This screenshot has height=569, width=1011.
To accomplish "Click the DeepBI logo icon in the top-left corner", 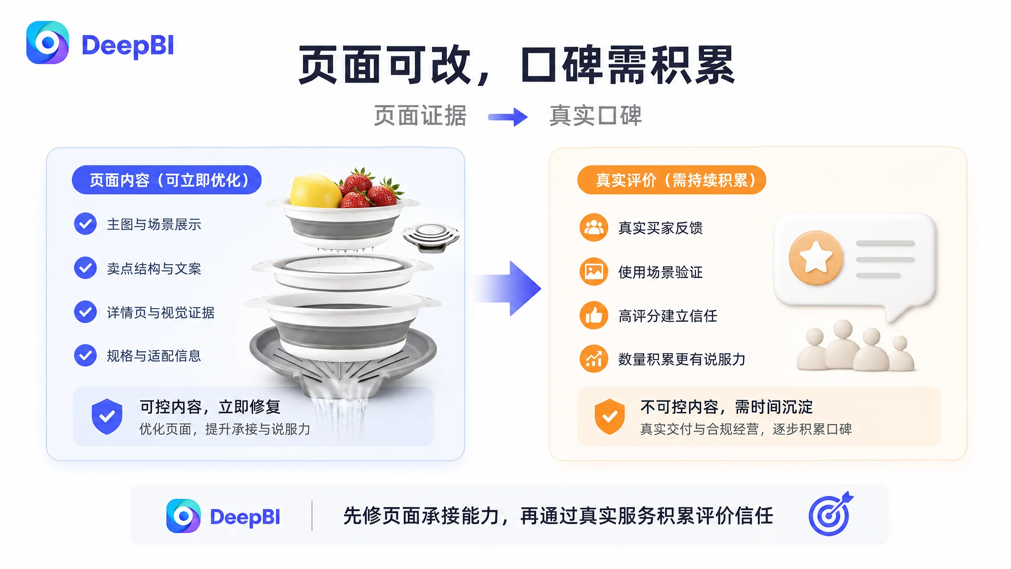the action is (47, 42).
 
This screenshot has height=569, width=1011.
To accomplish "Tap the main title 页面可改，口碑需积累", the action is (517, 65).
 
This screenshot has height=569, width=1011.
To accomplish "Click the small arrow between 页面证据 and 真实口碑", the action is (507, 117).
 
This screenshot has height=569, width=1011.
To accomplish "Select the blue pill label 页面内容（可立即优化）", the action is (167, 180).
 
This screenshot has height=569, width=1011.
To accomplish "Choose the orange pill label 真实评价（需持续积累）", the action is (672, 180).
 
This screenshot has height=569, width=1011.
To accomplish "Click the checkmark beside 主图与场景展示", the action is (85, 224).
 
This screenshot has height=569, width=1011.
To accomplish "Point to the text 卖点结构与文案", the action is (154, 268).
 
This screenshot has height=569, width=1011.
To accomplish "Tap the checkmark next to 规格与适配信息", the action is (85, 355).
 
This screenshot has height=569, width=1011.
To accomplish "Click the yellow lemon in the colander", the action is (315, 191).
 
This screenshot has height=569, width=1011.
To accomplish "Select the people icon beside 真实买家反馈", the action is (594, 228).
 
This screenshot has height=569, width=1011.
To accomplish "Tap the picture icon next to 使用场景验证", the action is (594, 272).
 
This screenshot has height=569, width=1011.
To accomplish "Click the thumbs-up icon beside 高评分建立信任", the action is (594, 315).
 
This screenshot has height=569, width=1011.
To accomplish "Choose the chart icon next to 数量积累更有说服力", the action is (594, 359).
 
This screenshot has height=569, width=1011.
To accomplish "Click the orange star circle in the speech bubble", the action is (816, 258).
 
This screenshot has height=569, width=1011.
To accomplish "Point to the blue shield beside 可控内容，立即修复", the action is (107, 416).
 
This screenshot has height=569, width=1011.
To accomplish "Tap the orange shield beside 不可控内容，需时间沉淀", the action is (610, 416).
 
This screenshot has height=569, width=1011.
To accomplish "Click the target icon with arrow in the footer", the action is (831, 514).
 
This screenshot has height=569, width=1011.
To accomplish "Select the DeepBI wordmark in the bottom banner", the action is (245, 517).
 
